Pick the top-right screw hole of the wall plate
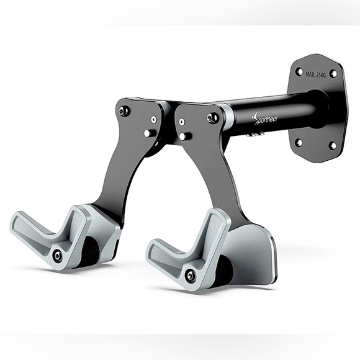click(333, 73)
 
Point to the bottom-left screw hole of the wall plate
click(298, 142)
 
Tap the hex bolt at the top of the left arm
click(122, 112)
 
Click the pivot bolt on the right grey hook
click(191, 274)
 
